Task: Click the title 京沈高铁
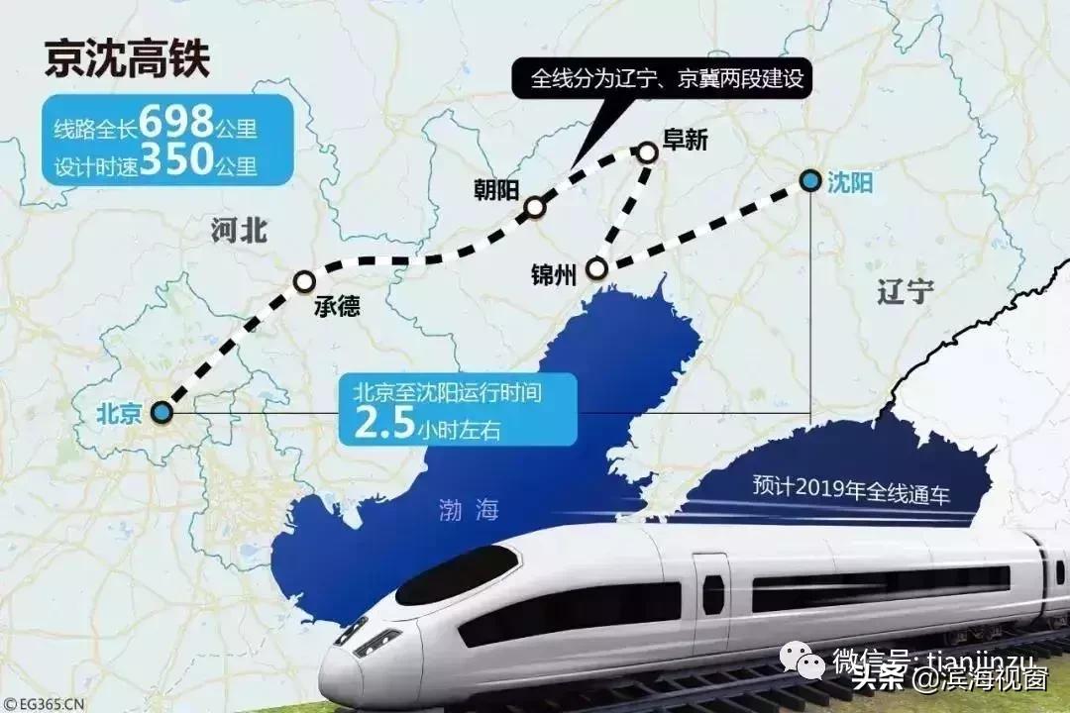pos(127,59)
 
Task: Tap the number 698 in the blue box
pos(176,124)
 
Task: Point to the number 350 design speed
pos(176,161)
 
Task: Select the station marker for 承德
pos(304,282)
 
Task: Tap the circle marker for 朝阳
pos(535,207)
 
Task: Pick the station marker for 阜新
pos(647,153)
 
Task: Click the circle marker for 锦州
pos(596,268)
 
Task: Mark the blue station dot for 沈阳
pos(810,180)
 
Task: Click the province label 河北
pos(239,232)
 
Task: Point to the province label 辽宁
pos(906,291)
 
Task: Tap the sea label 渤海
pos(469,511)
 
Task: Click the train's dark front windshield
pos(458,575)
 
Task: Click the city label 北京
pos(120,413)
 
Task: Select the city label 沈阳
pos(851,182)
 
